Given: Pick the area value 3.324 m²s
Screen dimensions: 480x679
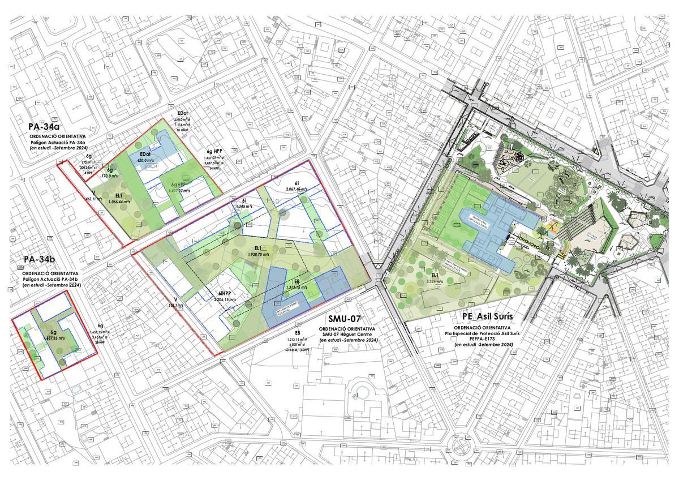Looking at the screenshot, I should [x=435, y=281].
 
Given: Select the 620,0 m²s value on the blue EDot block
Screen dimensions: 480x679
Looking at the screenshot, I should [x=145, y=161].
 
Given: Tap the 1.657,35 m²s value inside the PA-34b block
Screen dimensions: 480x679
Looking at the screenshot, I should [x=53, y=338].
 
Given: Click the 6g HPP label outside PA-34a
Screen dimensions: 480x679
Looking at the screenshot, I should [x=216, y=151].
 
